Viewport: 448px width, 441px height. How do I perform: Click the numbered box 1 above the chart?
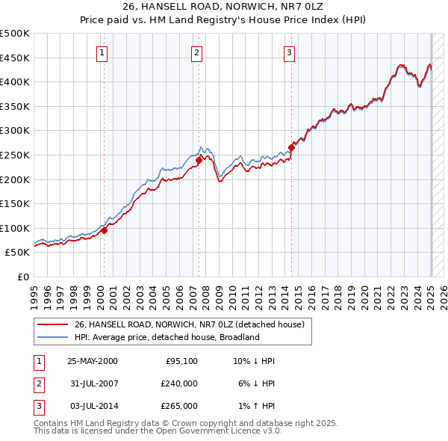[102, 52]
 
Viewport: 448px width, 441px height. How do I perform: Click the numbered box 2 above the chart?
[196, 52]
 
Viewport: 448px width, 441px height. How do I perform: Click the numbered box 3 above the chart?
[289, 52]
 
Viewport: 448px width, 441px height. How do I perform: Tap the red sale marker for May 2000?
[105, 230]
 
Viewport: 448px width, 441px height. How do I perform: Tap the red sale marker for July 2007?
[199, 160]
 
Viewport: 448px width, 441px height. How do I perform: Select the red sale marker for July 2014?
[291, 147]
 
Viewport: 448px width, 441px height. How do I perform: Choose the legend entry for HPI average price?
[166, 337]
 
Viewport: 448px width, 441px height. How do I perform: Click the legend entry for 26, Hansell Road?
[189, 325]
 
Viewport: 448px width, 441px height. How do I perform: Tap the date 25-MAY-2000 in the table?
[93, 360]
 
